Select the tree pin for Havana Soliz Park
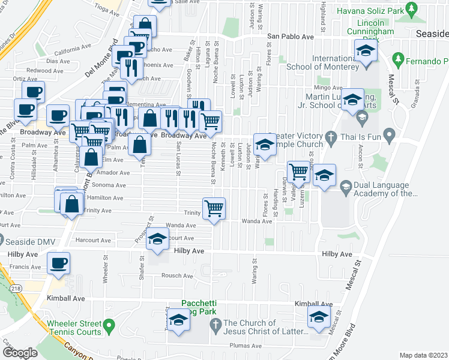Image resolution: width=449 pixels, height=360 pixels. (411, 10)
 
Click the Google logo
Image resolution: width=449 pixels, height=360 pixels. (20, 353)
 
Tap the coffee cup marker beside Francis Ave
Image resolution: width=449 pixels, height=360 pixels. (58, 264)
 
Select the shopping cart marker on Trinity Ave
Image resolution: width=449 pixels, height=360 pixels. (214, 209)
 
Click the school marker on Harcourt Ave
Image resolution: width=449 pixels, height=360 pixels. (157, 241)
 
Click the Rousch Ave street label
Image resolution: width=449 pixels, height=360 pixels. (178, 276)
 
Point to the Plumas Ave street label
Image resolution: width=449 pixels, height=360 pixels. (247, 346)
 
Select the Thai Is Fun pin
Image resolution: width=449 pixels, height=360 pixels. (389, 135)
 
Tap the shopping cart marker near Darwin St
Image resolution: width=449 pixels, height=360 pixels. (298, 173)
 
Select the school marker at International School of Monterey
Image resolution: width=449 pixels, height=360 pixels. (364, 53)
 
